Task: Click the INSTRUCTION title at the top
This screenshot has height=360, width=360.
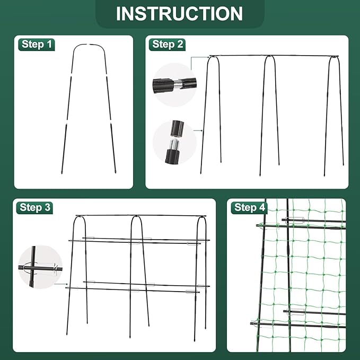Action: (x=179, y=13)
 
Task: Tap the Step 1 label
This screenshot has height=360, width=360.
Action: (x=37, y=44)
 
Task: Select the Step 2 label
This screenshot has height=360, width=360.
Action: (x=168, y=44)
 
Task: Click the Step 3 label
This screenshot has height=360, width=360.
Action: (x=36, y=207)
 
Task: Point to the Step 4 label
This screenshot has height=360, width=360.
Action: (x=249, y=207)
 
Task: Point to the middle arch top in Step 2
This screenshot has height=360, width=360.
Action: (x=270, y=57)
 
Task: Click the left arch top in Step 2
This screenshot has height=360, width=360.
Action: (x=213, y=57)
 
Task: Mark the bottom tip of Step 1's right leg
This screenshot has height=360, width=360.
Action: (x=115, y=172)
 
